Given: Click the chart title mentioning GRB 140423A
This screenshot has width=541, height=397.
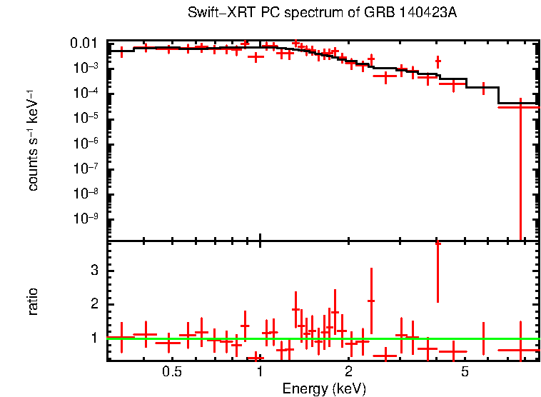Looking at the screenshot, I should pos(322,14).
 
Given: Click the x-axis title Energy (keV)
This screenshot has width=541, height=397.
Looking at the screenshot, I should pos(324,389).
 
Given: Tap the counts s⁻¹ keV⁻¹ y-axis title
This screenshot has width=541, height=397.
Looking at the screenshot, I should pos(34,140).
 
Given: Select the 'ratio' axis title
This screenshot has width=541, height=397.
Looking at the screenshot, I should pos(34,301).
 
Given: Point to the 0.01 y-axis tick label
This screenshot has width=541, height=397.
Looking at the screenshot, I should pos(84,44).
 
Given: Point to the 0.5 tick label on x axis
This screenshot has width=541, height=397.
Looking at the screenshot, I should pos(171,373).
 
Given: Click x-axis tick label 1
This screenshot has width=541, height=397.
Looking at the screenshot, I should pos(260,373).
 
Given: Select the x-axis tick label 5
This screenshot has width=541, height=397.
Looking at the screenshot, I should pos(465,373).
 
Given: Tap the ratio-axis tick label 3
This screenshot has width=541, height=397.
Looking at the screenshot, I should pos(93,271).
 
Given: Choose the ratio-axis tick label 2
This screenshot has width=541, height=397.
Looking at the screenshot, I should pos(93,304).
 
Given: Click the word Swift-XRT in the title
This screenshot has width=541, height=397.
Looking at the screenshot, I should pos(213,14).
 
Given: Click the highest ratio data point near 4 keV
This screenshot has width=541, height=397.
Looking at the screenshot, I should pos(438,244).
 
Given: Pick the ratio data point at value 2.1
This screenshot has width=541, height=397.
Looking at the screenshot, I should pos(371,301).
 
